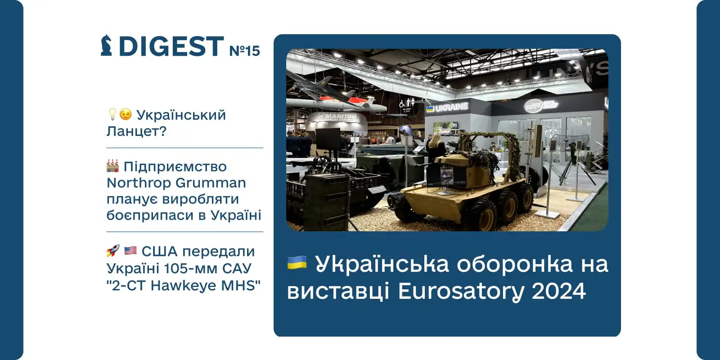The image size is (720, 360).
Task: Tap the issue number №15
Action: pyautogui.click(x=244, y=50)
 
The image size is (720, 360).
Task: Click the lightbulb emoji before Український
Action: pyautogui.click(x=112, y=114)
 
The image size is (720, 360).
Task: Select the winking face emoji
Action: pyautogui.click(x=126, y=115)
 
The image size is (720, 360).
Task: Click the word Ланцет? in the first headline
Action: pyautogui.click(x=136, y=131)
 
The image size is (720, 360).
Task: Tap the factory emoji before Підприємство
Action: pyautogui.click(x=112, y=166)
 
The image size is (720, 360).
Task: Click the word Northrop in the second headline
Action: pyautogui.click(x=139, y=183)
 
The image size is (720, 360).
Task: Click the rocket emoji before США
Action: pyautogui.click(x=113, y=251)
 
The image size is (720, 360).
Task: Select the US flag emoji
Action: pyautogui.click(x=130, y=251)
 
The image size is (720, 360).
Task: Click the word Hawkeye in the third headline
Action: pyautogui.click(x=184, y=285)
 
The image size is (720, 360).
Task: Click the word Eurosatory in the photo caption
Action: pyautogui.click(x=461, y=291)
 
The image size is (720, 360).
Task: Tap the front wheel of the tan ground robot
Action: pyautogui.click(x=485, y=217)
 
